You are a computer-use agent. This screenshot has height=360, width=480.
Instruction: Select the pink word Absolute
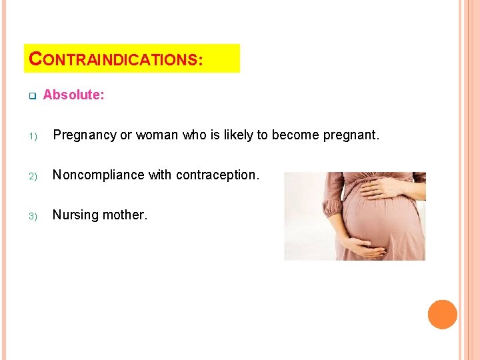pyautogui.click(x=73, y=95)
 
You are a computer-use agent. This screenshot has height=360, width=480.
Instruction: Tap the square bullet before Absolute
pyautogui.click(x=31, y=95)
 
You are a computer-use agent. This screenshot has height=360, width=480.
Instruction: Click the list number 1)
pyautogui.click(x=31, y=135)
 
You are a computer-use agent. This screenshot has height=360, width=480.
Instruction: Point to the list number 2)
pyautogui.click(x=31, y=175)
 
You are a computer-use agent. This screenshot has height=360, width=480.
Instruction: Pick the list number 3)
pyautogui.click(x=31, y=215)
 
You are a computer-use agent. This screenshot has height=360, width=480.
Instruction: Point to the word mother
pyautogui.click(x=124, y=215)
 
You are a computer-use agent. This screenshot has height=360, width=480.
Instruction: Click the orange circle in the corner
pyautogui.click(x=442, y=314)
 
